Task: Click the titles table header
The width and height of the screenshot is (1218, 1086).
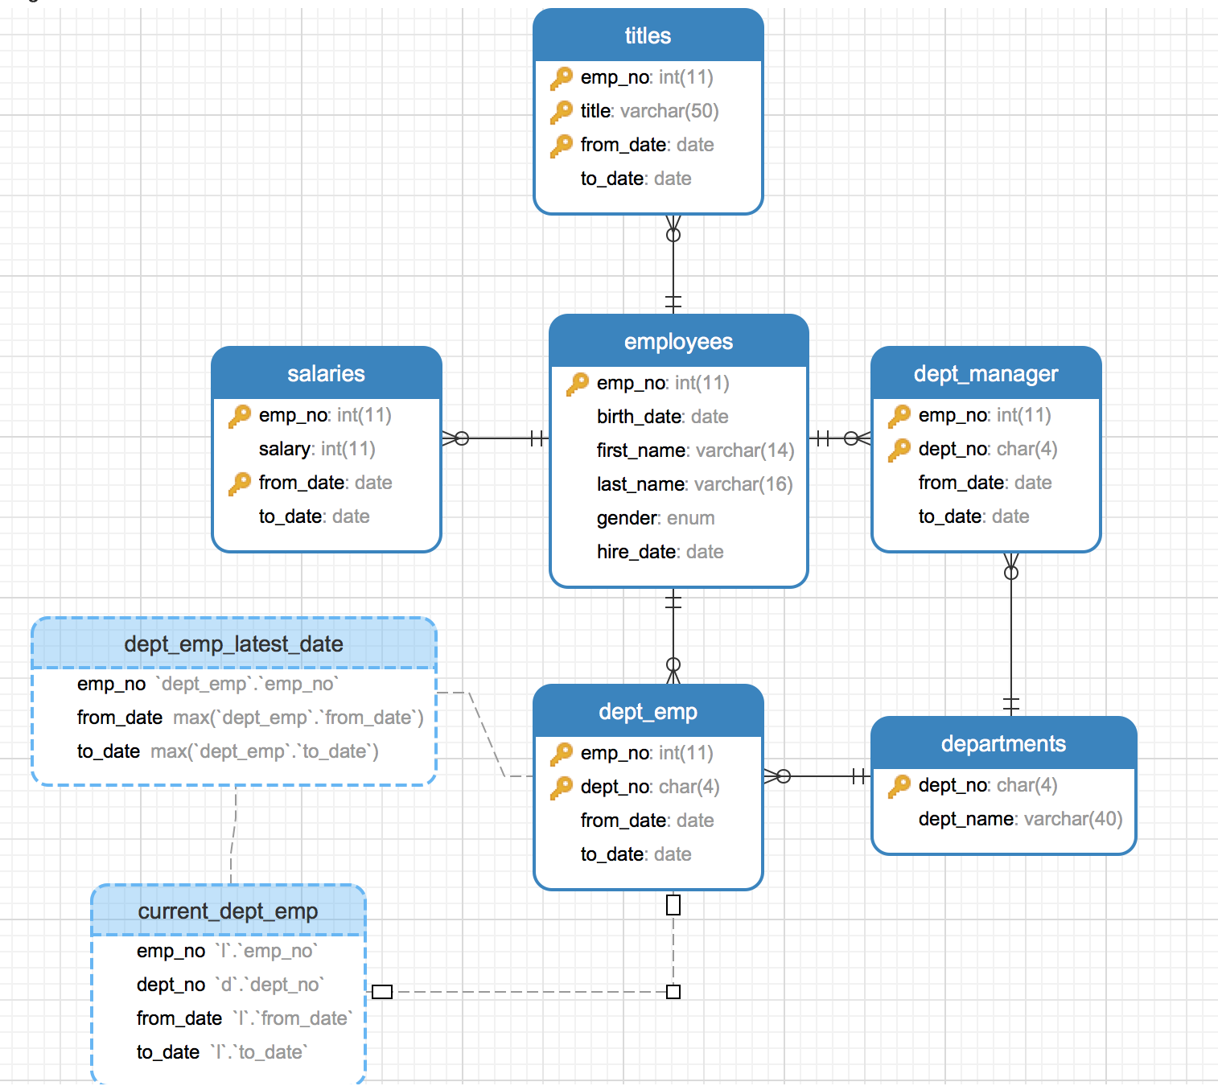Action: click(648, 36)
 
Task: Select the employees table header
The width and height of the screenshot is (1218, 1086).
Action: click(678, 342)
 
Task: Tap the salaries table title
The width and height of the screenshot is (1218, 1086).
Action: click(326, 374)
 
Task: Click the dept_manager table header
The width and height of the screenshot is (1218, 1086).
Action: click(986, 374)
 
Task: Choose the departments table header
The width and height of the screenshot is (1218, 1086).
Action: click(1003, 744)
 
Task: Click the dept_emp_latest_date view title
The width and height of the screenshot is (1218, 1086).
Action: click(233, 644)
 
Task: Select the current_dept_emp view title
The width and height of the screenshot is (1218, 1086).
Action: click(228, 911)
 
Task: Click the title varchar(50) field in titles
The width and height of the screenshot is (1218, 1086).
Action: click(649, 111)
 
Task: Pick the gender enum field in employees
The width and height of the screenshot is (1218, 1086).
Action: click(655, 518)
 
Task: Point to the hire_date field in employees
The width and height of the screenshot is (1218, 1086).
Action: click(660, 552)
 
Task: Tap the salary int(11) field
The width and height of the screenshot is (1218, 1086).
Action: click(317, 449)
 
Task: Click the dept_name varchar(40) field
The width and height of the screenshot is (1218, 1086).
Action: click(1019, 819)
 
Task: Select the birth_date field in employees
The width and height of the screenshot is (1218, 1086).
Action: click(662, 417)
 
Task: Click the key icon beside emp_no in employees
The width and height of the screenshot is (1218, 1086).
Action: click(578, 384)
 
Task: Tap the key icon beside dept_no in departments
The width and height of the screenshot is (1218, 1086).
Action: click(899, 786)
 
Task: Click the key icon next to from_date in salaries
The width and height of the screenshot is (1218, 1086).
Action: click(240, 483)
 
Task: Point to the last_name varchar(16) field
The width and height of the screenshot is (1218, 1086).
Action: click(694, 484)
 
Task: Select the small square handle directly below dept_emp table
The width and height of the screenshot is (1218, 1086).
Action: click(673, 905)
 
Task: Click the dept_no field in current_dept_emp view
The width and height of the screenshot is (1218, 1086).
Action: click(229, 985)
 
